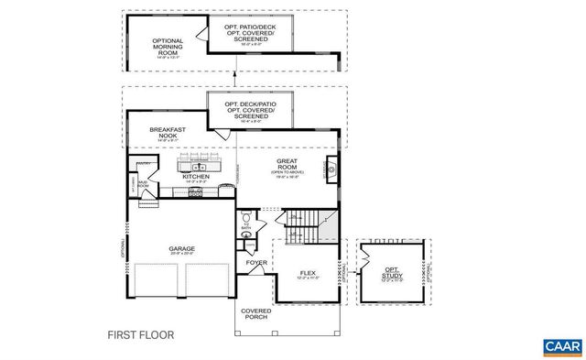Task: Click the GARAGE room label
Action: click(x=179, y=247)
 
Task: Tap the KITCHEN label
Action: click(x=195, y=177)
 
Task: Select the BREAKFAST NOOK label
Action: click(x=168, y=134)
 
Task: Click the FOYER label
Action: click(x=256, y=263)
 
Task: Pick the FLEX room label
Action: click(x=308, y=273)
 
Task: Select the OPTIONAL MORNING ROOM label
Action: click(x=168, y=45)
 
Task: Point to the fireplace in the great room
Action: click(x=331, y=169)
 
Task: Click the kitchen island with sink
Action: click(x=198, y=166)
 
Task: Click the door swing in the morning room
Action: click(x=217, y=135)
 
